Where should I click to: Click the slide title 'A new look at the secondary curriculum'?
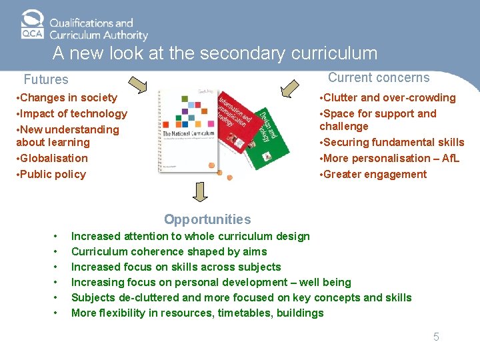[215, 53]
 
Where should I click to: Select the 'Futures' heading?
[46, 80]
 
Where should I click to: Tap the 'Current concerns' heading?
[379, 77]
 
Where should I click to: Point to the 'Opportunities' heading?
[207, 219]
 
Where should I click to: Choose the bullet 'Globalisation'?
[53, 158]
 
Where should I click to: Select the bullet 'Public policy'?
[52, 174]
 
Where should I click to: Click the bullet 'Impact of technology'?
[72, 113]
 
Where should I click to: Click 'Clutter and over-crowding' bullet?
[389, 97]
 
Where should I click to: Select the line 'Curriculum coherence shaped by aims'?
[169, 251]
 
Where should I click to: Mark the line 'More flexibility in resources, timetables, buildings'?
[197, 313]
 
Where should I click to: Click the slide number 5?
[436, 337]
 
